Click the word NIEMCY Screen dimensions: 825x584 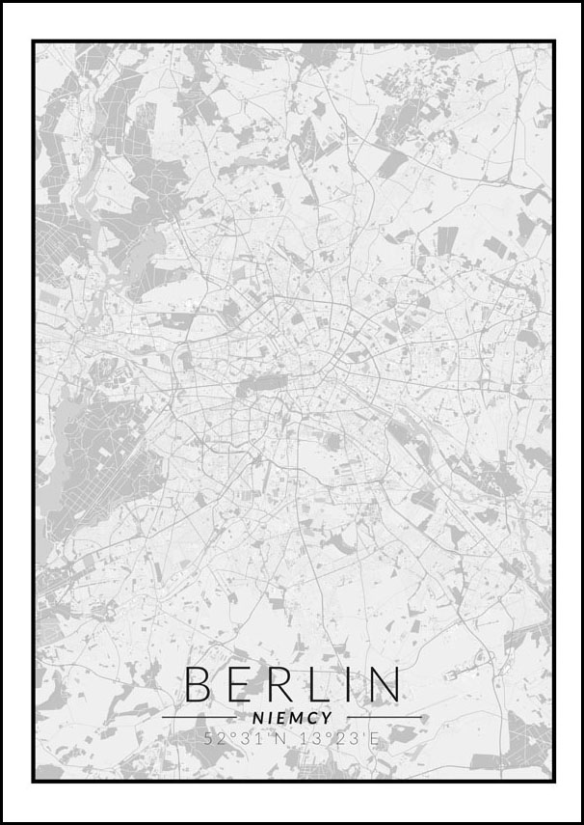(x=291, y=718)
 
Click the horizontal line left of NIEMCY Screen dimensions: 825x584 (x=199, y=718)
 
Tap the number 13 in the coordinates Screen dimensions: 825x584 (x=302, y=739)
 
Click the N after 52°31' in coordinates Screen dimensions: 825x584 (x=273, y=739)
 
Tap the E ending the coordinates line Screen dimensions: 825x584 (x=376, y=739)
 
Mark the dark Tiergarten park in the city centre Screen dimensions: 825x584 (x=252, y=387)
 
